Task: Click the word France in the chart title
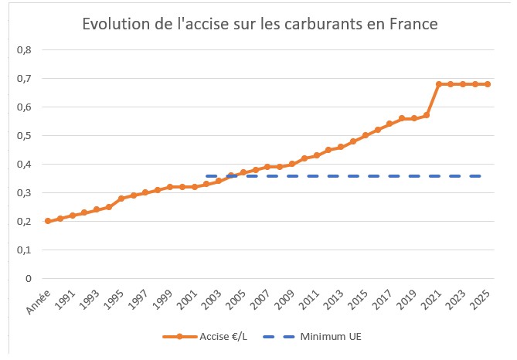coord(412,25)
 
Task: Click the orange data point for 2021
coord(439,84)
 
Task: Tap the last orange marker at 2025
coord(488,84)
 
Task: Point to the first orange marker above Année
coord(48,221)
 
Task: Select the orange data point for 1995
coord(121,199)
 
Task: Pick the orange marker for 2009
coord(292,164)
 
